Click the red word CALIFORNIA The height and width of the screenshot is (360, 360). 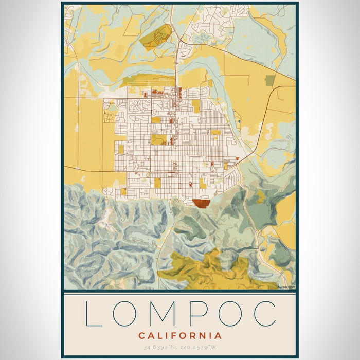pyautogui.click(x=180, y=336)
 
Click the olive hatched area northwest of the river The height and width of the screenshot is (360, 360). pyautogui.click(x=156, y=35)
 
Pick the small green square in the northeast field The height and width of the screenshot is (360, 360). pyautogui.click(x=270, y=80)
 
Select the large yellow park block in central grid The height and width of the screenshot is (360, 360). pyautogui.click(x=158, y=139)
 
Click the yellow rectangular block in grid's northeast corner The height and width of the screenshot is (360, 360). pyautogui.click(x=196, y=106)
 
